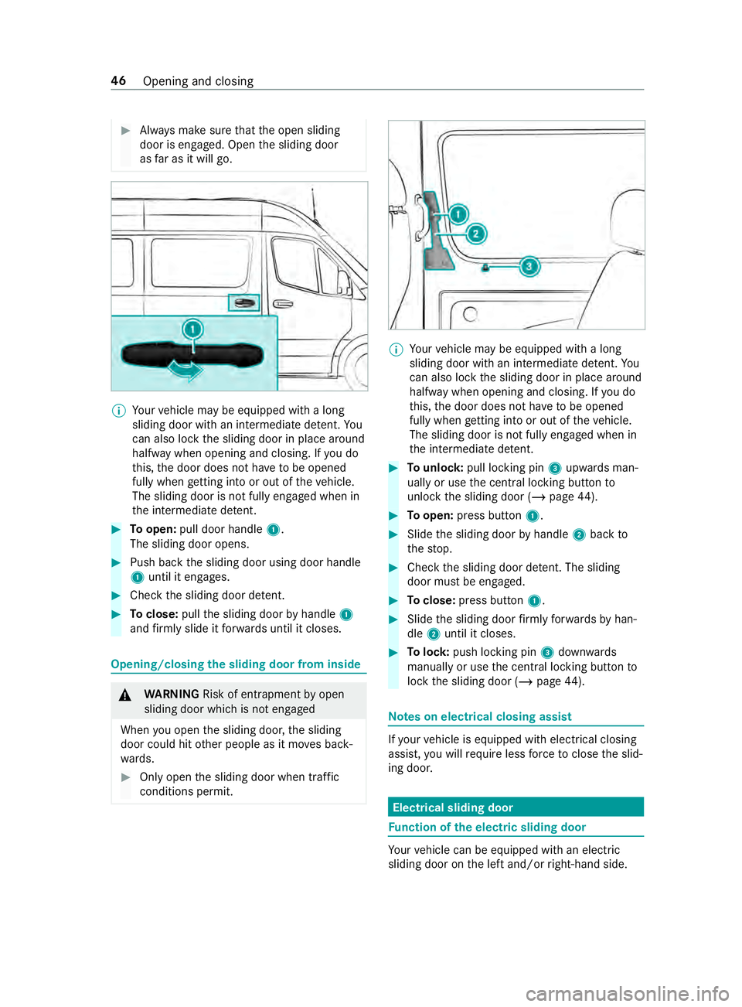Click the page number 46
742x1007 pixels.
(x=118, y=81)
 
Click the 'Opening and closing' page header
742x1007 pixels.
(x=198, y=81)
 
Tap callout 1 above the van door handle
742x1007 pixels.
(x=192, y=330)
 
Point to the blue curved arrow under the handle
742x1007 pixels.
(x=185, y=370)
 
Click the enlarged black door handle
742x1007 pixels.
(x=193, y=355)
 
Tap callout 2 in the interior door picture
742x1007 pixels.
(x=476, y=234)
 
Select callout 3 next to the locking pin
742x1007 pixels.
(x=529, y=267)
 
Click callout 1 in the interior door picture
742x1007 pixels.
(x=458, y=214)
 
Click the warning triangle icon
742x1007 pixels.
(x=125, y=695)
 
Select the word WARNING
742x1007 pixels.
(x=172, y=695)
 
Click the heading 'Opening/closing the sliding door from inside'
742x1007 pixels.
(x=236, y=664)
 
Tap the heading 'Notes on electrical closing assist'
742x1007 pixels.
(x=480, y=717)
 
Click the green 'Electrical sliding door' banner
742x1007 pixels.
(x=516, y=807)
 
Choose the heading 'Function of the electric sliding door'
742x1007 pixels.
(x=487, y=828)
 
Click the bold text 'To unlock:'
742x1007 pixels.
(x=435, y=468)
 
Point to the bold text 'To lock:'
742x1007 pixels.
(x=428, y=653)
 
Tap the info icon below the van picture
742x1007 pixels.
(x=119, y=411)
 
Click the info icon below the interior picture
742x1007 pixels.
(x=397, y=350)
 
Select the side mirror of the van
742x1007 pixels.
(x=342, y=284)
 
